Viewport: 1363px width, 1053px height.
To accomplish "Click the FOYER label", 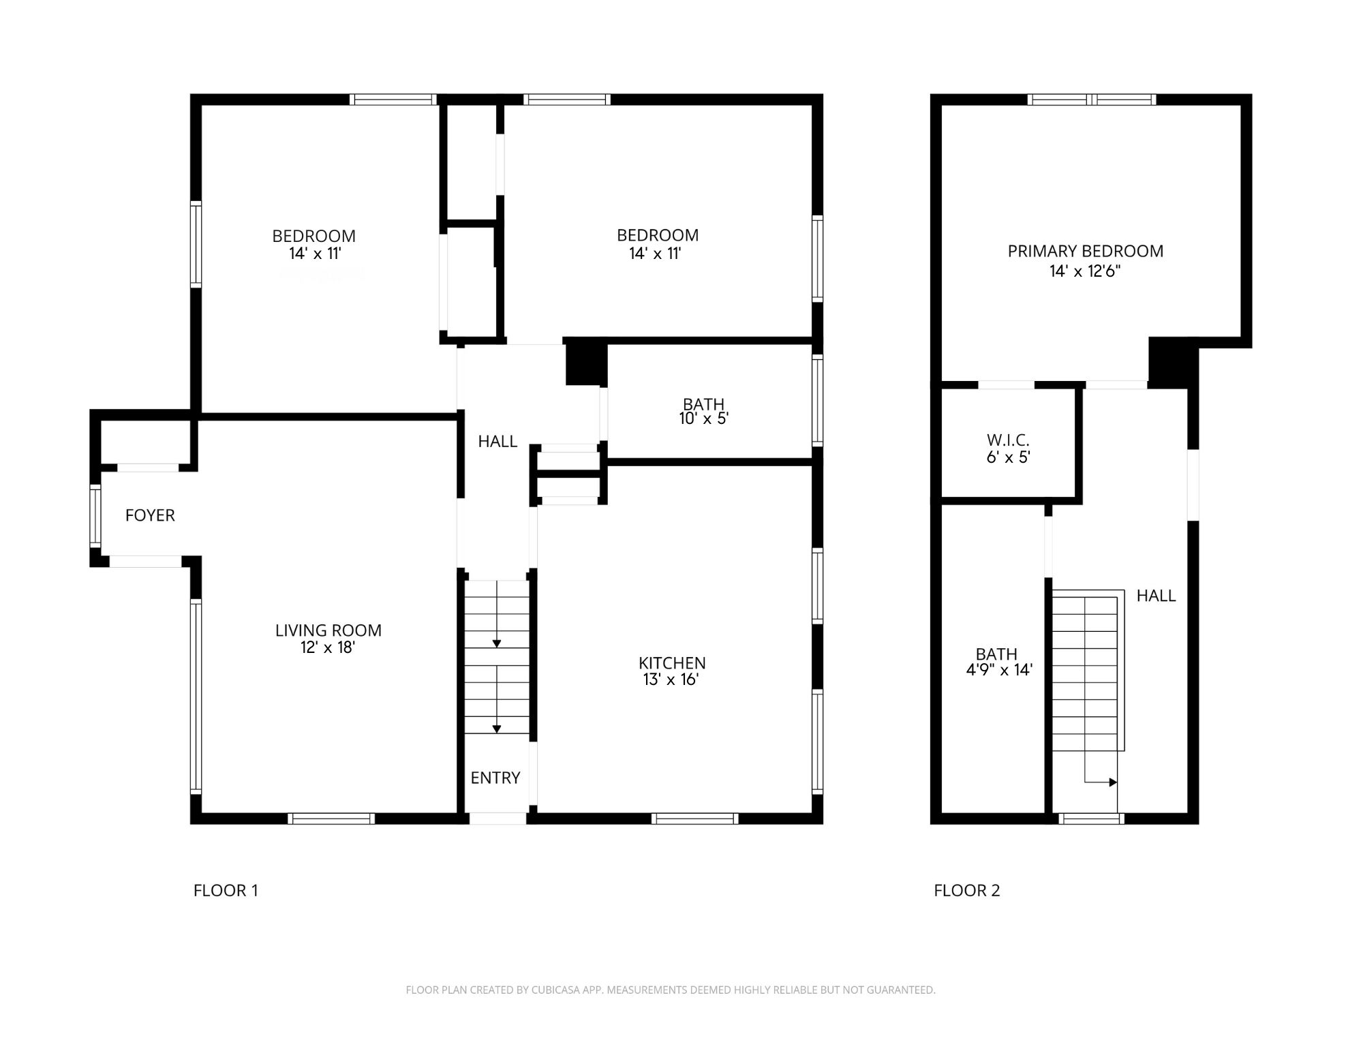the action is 150,515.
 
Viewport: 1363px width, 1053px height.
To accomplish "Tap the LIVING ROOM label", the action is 328,630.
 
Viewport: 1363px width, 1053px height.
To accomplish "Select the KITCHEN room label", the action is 672,663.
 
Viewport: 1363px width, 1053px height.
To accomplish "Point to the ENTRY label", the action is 495,778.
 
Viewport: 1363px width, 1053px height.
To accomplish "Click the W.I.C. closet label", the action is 1008,440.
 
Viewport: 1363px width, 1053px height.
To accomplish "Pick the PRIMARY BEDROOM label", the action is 1086,251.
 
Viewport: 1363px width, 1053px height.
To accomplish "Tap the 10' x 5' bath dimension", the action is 704,418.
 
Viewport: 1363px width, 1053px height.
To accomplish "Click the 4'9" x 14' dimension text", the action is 999,670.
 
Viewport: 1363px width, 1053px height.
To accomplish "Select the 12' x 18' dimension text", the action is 328,647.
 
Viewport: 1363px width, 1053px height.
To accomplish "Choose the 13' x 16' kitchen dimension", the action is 671,680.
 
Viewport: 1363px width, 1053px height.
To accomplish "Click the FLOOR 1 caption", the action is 226,890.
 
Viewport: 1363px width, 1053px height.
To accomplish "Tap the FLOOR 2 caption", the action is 967,890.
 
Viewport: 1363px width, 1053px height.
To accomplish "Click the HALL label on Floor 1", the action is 497,442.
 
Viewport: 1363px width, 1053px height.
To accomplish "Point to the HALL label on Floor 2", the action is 1157,596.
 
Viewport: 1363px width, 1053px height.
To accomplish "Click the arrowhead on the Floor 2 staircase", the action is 1114,782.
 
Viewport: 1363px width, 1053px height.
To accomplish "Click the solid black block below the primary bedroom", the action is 1172,363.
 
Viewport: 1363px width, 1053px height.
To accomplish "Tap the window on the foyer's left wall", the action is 95,515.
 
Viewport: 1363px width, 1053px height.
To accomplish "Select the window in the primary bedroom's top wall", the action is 1092,100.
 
